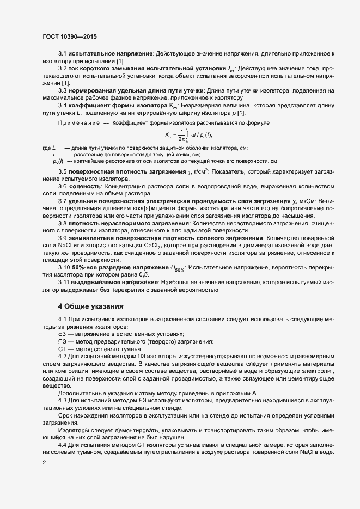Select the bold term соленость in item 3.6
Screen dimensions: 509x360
[83, 186]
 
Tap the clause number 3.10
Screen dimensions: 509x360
[64, 267]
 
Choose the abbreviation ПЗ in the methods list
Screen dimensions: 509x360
[62, 341]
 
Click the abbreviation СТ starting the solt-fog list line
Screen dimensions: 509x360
[62, 349]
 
